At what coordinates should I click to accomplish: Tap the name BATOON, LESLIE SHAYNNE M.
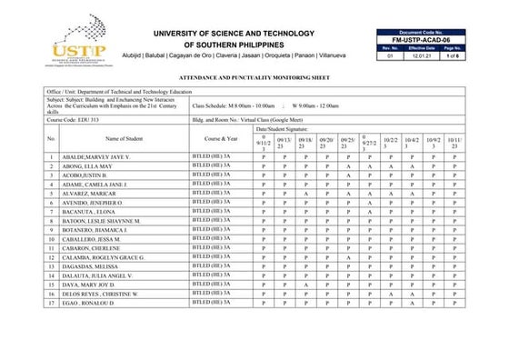pos(101,221)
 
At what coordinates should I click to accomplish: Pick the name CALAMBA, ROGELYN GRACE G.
pos(104,257)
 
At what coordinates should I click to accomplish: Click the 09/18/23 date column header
pos(306,143)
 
